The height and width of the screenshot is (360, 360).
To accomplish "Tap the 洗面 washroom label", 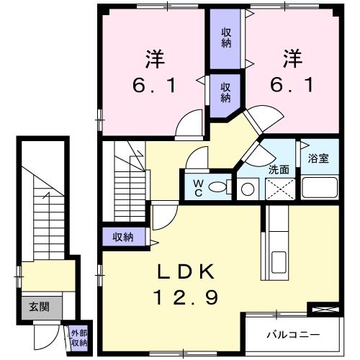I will tap(279, 171).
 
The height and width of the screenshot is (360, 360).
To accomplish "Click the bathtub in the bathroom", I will tap(319, 188).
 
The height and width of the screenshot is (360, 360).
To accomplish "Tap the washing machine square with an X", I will tap(280, 189).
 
